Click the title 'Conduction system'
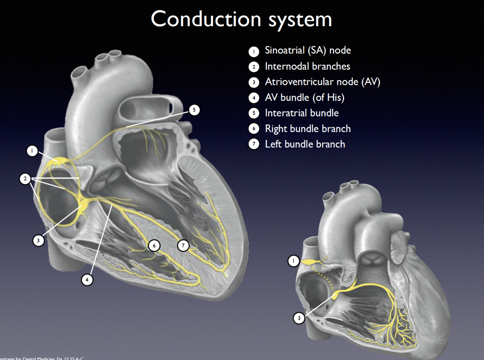[x=241, y=19]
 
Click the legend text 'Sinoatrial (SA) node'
[x=308, y=50]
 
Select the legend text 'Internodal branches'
[x=307, y=66]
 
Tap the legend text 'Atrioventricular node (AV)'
[x=323, y=82]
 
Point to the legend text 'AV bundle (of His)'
[x=304, y=98]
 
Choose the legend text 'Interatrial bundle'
[x=302, y=113]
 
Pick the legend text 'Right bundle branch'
[x=308, y=129]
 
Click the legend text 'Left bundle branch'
[x=305, y=144]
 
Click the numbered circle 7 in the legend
[x=254, y=144]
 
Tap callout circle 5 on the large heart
[x=194, y=110]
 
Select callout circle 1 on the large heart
[x=32, y=151]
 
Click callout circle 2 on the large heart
[x=25, y=179]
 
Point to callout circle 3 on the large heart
[x=38, y=240]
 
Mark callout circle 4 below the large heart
[x=87, y=279]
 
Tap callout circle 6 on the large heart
[x=154, y=246]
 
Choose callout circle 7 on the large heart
[x=183, y=246]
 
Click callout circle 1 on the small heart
[x=293, y=261]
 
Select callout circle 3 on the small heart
[x=299, y=318]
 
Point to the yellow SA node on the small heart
[x=309, y=261]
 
